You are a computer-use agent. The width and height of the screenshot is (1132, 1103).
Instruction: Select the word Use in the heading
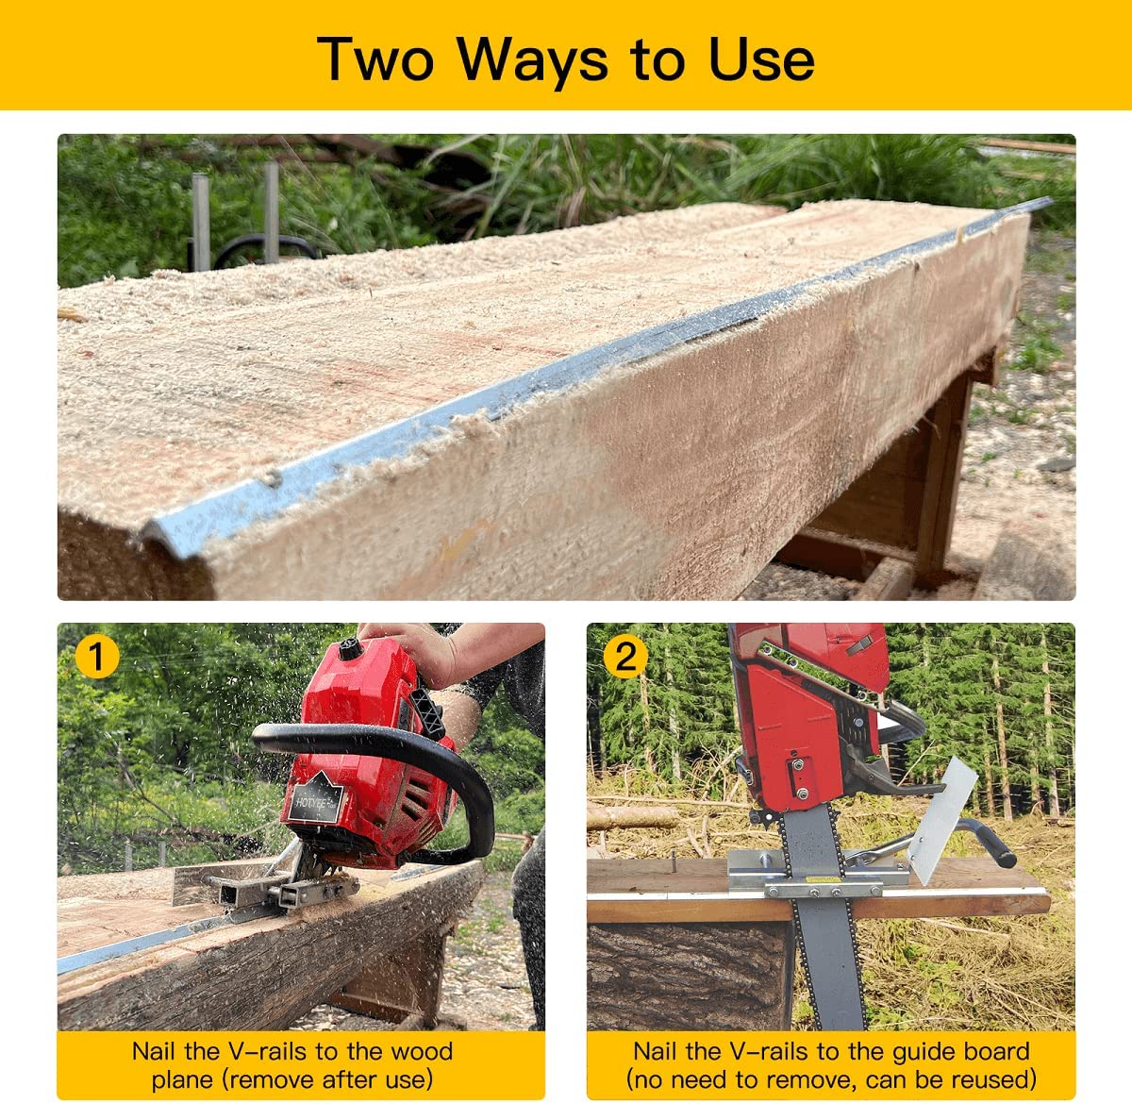pyautogui.click(x=761, y=58)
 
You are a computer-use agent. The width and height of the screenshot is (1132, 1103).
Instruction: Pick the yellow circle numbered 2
pyautogui.click(x=626, y=656)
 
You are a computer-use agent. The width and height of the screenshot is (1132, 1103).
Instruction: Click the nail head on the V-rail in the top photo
pyautogui.click(x=271, y=478)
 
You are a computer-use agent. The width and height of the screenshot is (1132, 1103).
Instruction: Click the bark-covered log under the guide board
pyautogui.click(x=690, y=977)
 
